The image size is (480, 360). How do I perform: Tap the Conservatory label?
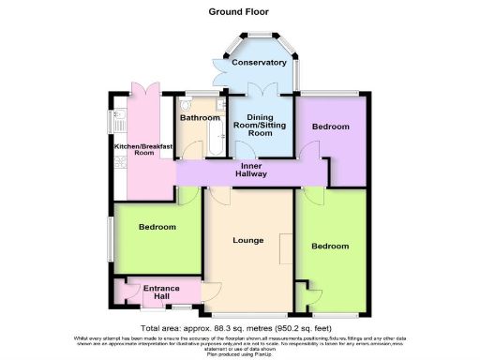click(x=259, y=62)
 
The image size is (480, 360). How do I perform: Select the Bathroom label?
click(x=200, y=118)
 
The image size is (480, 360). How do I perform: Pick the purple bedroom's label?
click(x=330, y=127)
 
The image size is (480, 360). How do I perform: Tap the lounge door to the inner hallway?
click(x=221, y=193)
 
